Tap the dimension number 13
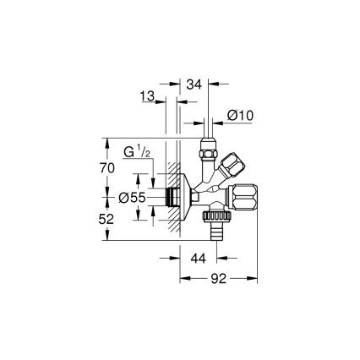(148, 98)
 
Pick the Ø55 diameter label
(131, 197)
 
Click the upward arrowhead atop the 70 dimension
(106, 140)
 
